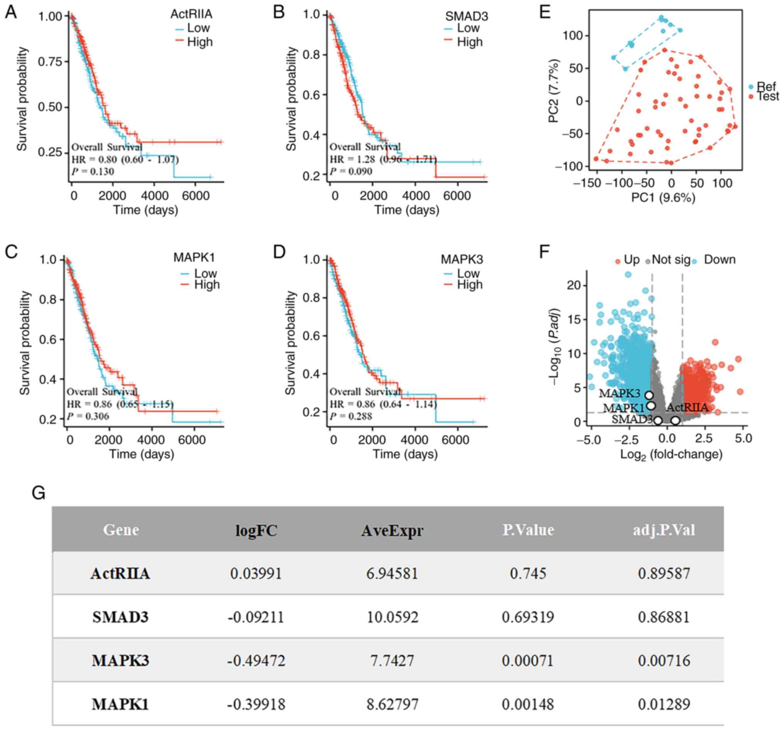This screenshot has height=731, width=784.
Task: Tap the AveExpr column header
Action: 392,531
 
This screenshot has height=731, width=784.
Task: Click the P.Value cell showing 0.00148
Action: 528,704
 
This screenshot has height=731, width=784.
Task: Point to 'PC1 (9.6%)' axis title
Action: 663,197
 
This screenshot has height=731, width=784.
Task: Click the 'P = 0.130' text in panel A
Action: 93,172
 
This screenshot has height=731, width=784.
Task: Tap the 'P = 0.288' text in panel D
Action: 351,416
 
